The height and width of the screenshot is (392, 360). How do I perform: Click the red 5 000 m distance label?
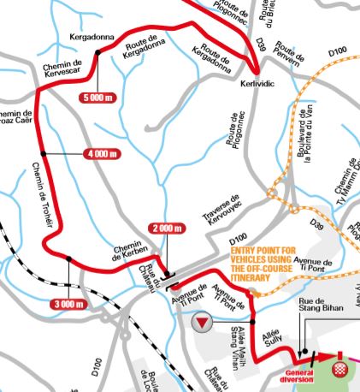tap(97, 97)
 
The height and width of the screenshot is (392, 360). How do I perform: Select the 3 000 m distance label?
tap(67, 304)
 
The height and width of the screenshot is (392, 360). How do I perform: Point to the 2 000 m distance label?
tap(166, 228)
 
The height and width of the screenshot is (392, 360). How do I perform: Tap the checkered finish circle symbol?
tap(339, 369)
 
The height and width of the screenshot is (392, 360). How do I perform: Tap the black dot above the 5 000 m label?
tap(98, 53)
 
